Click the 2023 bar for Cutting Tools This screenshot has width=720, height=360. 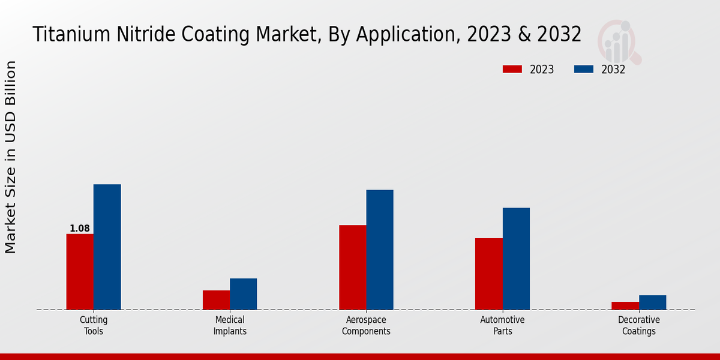click(x=80, y=272)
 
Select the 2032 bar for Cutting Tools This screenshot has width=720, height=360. click(x=107, y=247)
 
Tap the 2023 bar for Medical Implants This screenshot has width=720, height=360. click(x=216, y=300)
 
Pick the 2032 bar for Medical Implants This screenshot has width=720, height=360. click(x=243, y=294)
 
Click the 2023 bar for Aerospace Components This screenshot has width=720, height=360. click(x=352, y=268)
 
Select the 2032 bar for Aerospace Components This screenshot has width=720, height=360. click(x=380, y=250)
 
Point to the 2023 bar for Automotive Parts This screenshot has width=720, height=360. click(x=488, y=274)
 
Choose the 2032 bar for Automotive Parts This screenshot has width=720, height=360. click(x=516, y=259)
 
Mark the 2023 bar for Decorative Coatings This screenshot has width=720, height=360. click(x=625, y=306)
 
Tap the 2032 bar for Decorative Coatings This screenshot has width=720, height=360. click(x=652, y=302)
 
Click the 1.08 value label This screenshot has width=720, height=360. click(x=80, y=229)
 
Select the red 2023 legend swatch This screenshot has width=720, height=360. click(x=512, y=69)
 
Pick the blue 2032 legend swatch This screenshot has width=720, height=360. click(x=584, y=69)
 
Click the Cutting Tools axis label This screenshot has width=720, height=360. click(x=94, y=325)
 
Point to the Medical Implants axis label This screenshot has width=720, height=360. click(x=230, y=325)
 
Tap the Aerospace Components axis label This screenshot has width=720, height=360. click(x=366, y=325)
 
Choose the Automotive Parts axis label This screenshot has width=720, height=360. click(x=502, y=325)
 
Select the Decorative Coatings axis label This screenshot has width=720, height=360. click(x=639, y=325)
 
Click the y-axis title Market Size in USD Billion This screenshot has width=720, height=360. click(x=11, y=157)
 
